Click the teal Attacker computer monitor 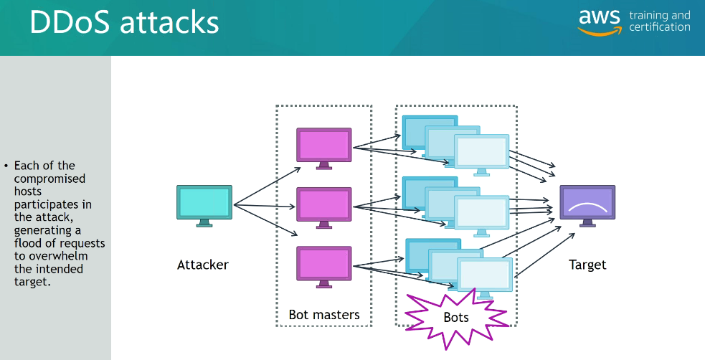[x=204, y=202]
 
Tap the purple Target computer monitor [x=587, y=202]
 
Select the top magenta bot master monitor [x=324, y=146]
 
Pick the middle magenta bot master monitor [x=324, y=204]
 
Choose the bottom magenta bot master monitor [x=324, y=263]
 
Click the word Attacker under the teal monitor [x=203, y=265]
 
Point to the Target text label [x=587, y=265]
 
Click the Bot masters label [x=324, y=314]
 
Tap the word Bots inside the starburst [x=455, y=317]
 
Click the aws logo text [x=600, y=18]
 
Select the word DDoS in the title [x=69, y=23]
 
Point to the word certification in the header [x=660, y=27]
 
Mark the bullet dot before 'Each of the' [x=6, y=166]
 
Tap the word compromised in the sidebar [x=49, y=179]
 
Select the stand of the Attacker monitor [x=204, y=223]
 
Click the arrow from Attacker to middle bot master [x=265, y=207]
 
